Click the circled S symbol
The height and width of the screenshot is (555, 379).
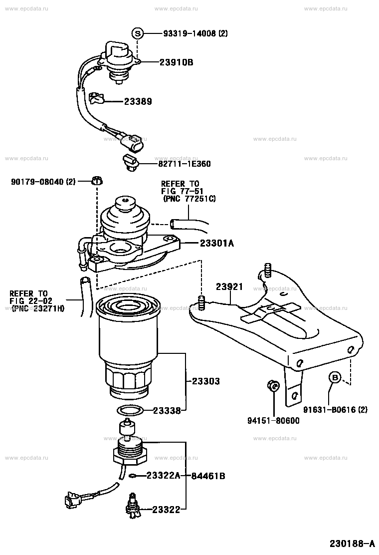coord(138,34)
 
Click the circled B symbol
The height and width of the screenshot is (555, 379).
coord(335,378)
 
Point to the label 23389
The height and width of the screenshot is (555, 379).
coord(138,101)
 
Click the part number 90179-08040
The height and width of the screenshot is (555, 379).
coord(37,182)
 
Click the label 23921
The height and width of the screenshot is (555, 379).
coord(229,287)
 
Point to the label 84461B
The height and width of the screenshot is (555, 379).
coord(208,476)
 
